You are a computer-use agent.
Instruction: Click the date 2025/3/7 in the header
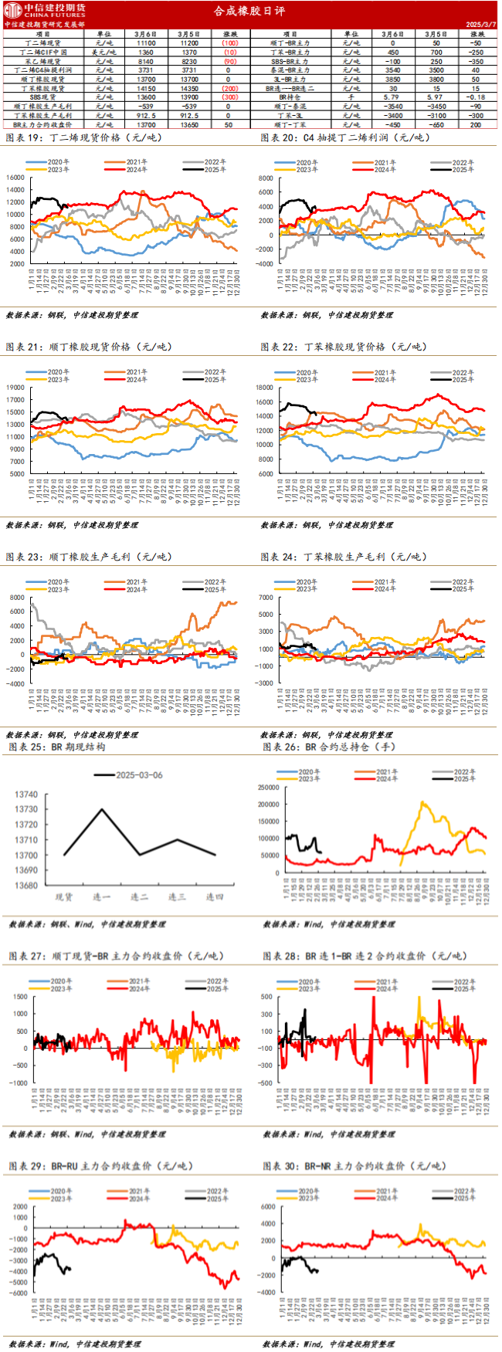[x=480, y=24]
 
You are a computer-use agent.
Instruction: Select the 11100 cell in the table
[x=146, y=43]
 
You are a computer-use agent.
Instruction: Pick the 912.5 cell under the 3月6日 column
[x=146, y=115]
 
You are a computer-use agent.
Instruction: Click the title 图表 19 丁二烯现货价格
[x=73, y=137]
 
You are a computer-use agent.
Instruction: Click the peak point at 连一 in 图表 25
[x=102, y=809]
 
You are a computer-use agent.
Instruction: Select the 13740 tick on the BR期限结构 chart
[x=27, y=794]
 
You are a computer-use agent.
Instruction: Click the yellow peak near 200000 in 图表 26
[x=422, y=803]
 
